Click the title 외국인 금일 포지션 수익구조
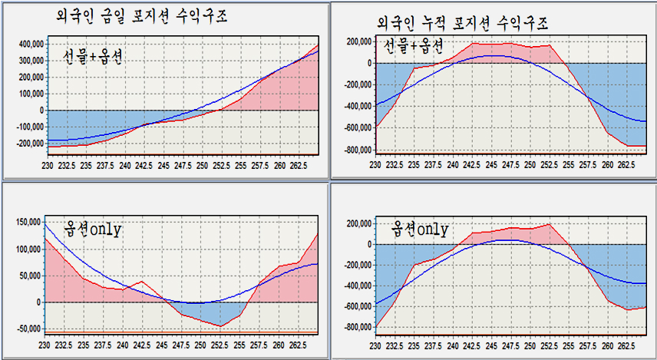(141, 17)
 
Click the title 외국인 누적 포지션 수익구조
(462, 24)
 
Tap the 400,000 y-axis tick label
(31, 44)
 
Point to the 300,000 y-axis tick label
(31, 61)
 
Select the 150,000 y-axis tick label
(28, 222)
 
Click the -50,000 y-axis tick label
(28, 329)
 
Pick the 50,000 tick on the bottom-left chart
(30, 276)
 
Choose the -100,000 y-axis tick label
(30, 127)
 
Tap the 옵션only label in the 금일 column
(92, 230)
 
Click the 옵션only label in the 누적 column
(419, 230)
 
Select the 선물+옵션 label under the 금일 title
(93, 57)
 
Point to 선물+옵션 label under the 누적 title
(414, 46)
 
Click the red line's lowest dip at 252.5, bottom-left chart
(221, 326)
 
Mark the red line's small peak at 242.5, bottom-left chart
(142, 281)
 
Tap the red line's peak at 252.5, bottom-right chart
(549, 224)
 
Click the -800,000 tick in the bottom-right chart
(358, 327)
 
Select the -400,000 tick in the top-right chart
(358, 107)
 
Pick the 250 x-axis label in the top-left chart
(202, 166)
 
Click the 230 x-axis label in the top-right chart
(375, 165)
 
